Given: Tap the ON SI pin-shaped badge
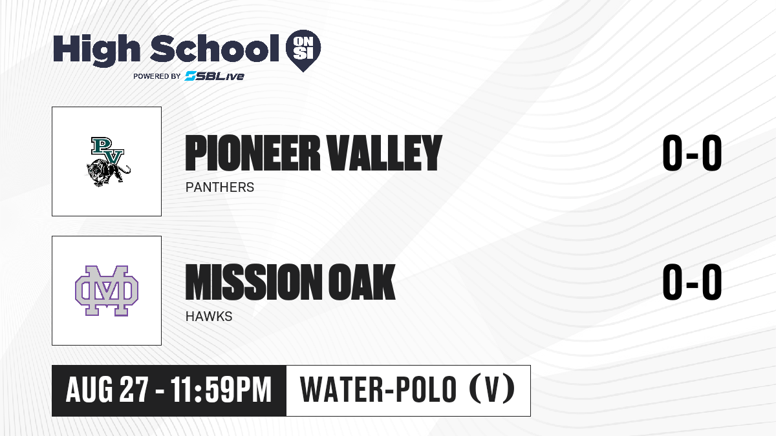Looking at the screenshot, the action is click(x=303, y=50).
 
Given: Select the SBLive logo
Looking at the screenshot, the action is click(x=215, y=76).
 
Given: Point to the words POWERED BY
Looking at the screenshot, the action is click(x=157, y=76).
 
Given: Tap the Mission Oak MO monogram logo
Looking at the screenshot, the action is click(x=107, y=291).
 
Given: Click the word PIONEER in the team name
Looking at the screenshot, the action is click(x=253, y=152).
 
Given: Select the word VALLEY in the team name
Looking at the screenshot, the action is click(x=385, y=152).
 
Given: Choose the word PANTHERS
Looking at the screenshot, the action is click(x=220, y=187).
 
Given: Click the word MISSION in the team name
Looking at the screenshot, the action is click(x=254, y=282).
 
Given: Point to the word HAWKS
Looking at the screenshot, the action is click(x=209, y=317).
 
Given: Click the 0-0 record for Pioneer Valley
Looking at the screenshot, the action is click(x=692, y=152).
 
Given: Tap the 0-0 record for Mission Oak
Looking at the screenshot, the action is click(x=692, y=282).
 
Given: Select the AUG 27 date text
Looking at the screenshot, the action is click(x=107, y=389).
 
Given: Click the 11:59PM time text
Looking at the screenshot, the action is click(x=221, y=389).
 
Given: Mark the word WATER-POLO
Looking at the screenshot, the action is click(x=378, y=389).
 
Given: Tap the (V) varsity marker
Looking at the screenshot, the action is click(x=492, y=389).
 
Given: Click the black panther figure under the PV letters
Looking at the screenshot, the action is click(x=107, y=172).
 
